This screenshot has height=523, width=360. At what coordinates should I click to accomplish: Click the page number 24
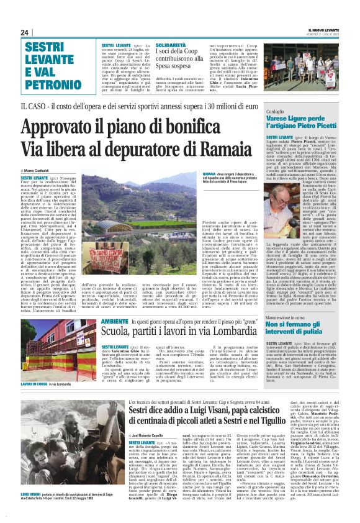click(25, 32)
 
